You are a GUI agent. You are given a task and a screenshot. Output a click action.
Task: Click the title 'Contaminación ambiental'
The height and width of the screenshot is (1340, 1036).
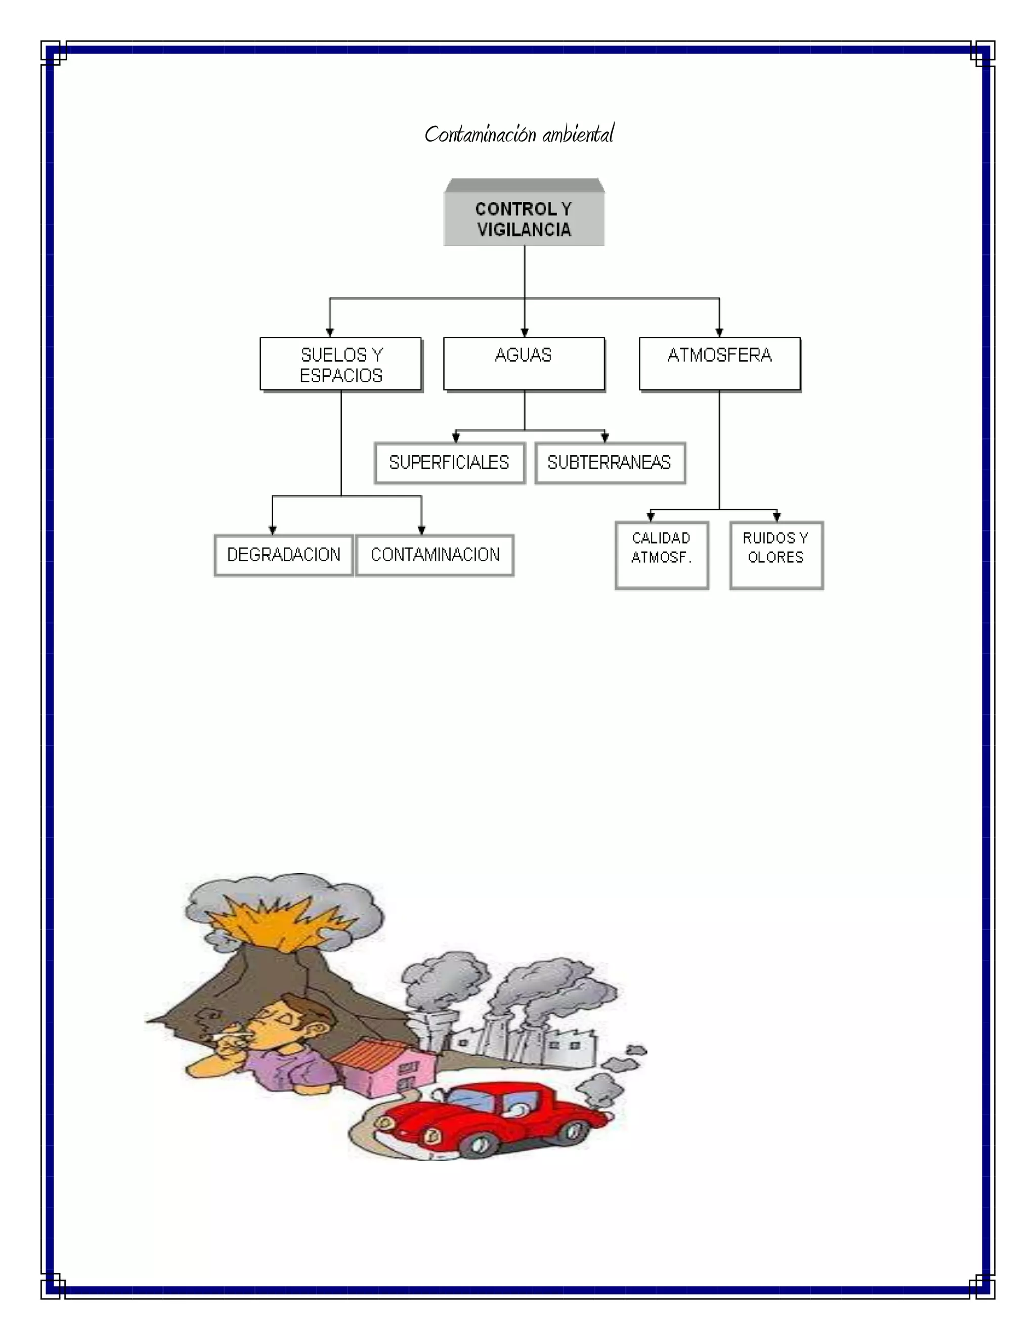coord(519,134)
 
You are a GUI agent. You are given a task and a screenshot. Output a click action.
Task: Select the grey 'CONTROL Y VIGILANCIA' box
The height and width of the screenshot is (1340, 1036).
coord(524,218)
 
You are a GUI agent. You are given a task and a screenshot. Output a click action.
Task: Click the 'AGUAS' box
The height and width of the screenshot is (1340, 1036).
coord(524,364)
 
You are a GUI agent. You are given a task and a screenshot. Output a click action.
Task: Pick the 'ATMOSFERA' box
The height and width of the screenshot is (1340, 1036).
coord(719,364)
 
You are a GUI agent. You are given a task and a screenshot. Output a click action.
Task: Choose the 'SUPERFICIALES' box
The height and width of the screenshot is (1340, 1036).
coord(449,463)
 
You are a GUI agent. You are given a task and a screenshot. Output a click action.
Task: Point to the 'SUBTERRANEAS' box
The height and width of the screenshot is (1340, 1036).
coord(610,463)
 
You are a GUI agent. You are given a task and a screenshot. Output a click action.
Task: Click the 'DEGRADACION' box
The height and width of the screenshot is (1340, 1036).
coord(284,555)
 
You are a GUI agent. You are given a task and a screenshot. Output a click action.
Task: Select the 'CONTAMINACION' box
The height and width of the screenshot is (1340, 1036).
coord(435,555)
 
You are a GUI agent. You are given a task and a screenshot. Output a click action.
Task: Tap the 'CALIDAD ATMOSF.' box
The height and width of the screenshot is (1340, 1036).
coord(662,555)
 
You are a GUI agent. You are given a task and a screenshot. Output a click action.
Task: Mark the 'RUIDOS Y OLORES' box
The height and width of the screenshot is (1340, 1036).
coord(776,555)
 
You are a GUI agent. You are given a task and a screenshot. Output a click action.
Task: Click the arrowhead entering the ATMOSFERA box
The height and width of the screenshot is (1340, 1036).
coord(719,333)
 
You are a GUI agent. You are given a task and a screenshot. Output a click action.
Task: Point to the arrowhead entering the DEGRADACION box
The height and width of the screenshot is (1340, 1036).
coord(273,530)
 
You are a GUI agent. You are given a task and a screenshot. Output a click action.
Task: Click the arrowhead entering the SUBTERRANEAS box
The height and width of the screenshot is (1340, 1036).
coord(605,437)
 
